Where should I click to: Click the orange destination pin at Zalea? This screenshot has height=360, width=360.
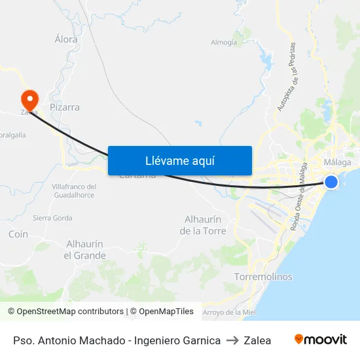(29, 99)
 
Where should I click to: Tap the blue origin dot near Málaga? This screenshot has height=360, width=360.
(331, 181)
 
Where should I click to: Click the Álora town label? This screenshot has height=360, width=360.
(66, 39)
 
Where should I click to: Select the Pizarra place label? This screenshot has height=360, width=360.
(65, 107)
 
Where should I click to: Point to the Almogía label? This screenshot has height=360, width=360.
(224, 43)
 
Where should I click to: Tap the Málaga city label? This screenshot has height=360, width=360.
(338, 162)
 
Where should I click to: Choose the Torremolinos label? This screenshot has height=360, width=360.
(263, 277)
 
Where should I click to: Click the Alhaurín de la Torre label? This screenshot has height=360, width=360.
(203, 225)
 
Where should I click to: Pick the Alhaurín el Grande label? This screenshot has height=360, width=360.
(85, 249)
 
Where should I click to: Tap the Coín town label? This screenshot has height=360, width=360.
(18, 234)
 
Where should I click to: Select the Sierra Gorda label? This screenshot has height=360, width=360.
(52, 218)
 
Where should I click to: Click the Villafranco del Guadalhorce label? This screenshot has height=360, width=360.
(74, 190)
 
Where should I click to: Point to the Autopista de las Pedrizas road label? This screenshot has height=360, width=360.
(287, 77)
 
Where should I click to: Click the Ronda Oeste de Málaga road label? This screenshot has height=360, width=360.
(299, 196)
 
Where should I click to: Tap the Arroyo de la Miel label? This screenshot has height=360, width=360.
(229, 312)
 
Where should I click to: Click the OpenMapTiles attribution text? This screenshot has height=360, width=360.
(164, 312)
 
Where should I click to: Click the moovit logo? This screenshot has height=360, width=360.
(321, 340)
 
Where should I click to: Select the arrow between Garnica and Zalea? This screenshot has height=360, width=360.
(232, 340)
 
